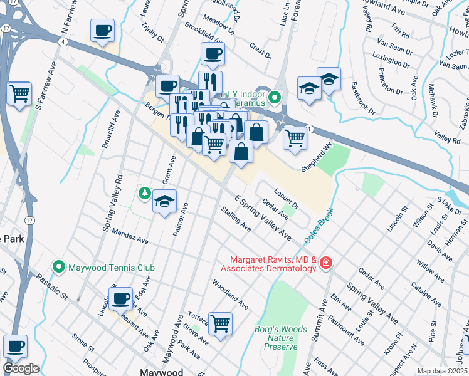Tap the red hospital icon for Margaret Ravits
point(325,263)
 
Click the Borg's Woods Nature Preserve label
point(281,337)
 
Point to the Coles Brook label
point(317,227)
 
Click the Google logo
point(21,368)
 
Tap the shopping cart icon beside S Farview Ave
point(20,93)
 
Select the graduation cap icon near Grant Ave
point(164,201)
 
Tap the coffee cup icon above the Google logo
point(15,345)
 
